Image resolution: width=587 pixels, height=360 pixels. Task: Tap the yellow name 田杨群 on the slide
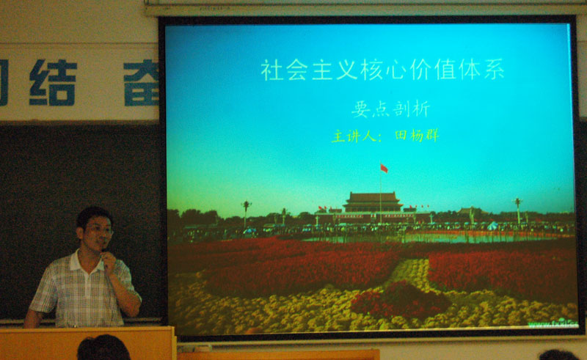[x=416, y=136]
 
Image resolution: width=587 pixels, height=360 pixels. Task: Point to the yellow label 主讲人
[x=353, y=136]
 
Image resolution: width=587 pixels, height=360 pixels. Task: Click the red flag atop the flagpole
[x=384, y=169]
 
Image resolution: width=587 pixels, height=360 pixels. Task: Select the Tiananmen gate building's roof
[x=373, y=197]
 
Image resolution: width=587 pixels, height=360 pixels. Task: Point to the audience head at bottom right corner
[x=558, y=355]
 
